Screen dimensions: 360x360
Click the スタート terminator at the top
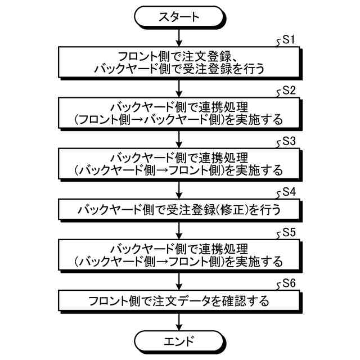179,16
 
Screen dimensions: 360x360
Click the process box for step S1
179,62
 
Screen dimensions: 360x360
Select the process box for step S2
179,112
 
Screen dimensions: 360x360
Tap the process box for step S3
179,162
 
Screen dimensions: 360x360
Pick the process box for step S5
179,254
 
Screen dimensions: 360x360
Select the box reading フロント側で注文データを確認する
179,300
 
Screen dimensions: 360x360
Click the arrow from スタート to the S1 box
179,37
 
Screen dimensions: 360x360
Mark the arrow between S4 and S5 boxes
179,229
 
